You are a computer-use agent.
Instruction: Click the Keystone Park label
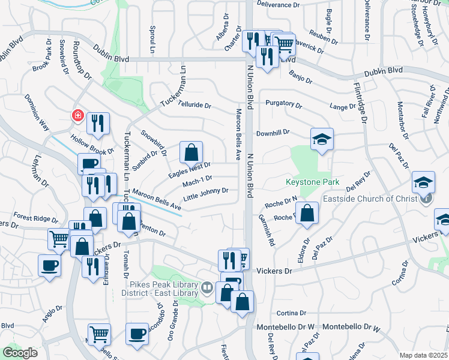pos(312,182)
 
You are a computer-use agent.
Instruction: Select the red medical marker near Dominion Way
pos(77,115)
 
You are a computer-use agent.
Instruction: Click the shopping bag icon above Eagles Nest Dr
pos(191,153)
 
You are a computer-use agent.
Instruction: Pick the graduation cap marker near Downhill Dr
pos(322,140)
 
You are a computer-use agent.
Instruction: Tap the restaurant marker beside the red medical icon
pos(98,124)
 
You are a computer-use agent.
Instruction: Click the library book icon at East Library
pos(207,288)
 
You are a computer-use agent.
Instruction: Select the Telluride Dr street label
pos(194,105)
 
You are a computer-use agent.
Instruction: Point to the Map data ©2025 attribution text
pos(423,355)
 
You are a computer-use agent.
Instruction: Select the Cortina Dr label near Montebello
pos(292,313)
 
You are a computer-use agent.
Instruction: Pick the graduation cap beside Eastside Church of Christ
pos(423,182)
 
